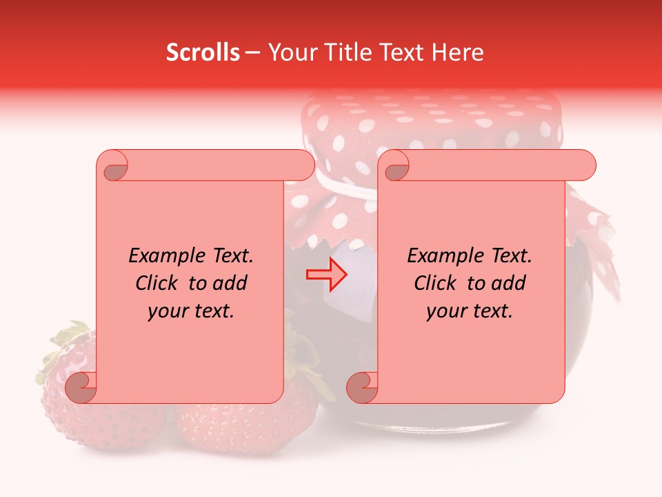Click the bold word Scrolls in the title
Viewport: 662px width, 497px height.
pyautogui.click(x=203, y=52)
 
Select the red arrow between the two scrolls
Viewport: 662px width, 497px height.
pyautogui.click(x=326, y=275)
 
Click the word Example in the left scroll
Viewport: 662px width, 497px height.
pyautogui.click(x=165, y=256)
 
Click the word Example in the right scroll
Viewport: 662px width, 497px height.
pyautogui.click(x=444, y=256)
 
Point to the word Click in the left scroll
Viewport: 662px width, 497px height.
pyautogui.click(x=160, y=283)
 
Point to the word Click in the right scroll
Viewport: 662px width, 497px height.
pyautogui.click(x=439, y=283)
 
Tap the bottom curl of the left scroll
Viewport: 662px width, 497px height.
pyautogui.click(x=81, y=387)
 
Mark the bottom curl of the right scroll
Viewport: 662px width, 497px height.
pyautogui.click(x=362, y=387)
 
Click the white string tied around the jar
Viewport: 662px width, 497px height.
pyautogui.click(x=345, y=188)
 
